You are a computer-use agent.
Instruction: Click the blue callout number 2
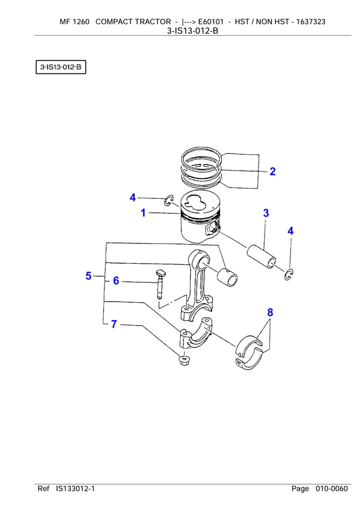coord(273,172)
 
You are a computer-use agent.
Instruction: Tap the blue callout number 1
coord(143,213)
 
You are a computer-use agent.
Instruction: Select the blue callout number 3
coord(266,213)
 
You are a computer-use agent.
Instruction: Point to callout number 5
coord(89,276)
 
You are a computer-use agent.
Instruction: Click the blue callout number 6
coord(116,281)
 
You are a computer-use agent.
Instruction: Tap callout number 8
coord(270,312)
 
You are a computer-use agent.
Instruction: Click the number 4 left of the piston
coord(133,197)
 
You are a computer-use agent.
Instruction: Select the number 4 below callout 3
coord(290,230)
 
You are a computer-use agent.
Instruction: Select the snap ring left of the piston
coord(168,200)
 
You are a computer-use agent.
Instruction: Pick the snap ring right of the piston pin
coord(289,273)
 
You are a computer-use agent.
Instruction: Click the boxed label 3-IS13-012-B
coord(60,68)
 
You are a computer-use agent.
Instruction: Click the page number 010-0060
coord(332,489)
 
